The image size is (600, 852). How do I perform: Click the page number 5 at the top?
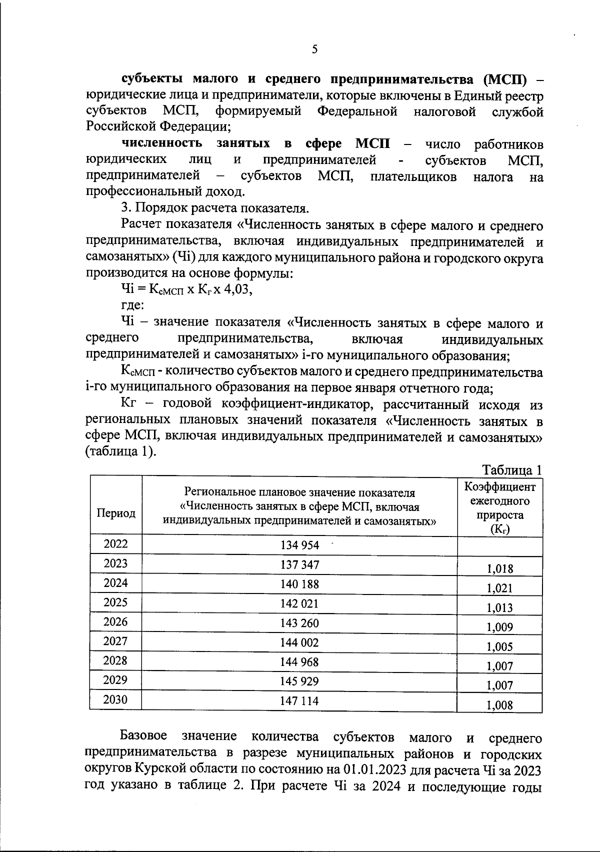pos(314,49)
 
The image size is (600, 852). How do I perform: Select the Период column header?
pos(116,513)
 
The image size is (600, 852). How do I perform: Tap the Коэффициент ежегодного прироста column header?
pos(499,508)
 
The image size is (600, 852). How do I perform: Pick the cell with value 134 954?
pos(299,545)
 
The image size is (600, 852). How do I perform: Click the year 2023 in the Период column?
pos(115,563)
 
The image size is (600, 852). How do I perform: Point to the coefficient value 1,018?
pos(499,568)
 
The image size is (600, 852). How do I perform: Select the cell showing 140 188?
pos(299,584)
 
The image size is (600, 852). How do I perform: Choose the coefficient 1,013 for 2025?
pos(499,607)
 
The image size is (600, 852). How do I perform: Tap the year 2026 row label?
pos(115,621)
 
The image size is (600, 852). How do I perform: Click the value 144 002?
pos(299,642)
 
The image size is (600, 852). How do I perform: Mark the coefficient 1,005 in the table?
pos(499,646)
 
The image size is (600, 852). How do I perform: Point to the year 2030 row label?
pos(115,699)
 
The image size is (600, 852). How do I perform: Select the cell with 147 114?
pos(299,701)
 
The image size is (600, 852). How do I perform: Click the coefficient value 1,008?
pos(499,705)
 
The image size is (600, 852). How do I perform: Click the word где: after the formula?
pos(132,305)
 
